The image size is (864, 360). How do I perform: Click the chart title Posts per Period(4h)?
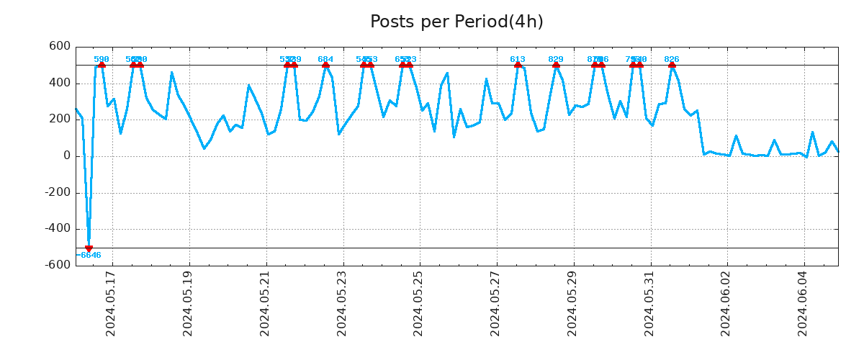(x=456, y=22)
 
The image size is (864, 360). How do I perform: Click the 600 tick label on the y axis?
(x=59, y=47)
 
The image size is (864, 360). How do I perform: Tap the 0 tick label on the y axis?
(x=66, y=156)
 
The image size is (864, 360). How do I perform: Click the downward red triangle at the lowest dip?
(x=89, y=248)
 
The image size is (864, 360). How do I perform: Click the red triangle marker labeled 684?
(x=325, y=65)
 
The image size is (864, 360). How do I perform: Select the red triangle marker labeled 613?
(x=518, y=65)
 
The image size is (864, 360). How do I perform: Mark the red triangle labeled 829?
(x=556, y=65)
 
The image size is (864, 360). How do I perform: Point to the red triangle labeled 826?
(x=672, y=65)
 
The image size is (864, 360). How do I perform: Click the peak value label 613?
(x=518, y=59)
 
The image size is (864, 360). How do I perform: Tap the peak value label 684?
(x=325, y=59)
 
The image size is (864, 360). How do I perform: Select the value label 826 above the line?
(x=672, y=59)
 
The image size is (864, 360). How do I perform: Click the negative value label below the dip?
(x=89, y=255)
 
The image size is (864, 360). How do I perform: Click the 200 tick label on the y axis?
(x=59, y=120)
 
